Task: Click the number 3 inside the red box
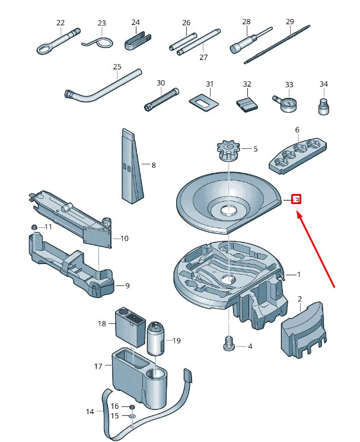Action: (x=297, y=200)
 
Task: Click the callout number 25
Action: (x=116, y=66)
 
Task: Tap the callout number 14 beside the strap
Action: (x=90, y=411)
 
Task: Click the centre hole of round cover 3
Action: (x=228, y=210)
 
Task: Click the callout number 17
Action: (x=98, y=366)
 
